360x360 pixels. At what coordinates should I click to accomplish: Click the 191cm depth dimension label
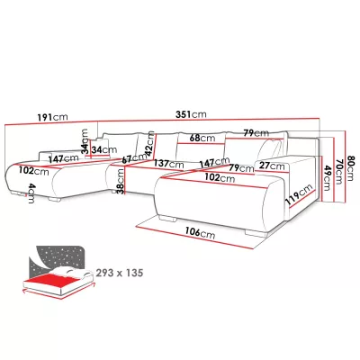[x=52, y=117]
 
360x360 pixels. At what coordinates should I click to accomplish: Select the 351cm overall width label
[x=191, y=114]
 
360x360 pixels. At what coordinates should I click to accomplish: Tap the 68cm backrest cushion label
[x=202, y=138]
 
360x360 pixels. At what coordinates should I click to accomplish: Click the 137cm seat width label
[x=168, y=164]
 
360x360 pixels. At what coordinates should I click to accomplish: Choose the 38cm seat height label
[x=120, y=181]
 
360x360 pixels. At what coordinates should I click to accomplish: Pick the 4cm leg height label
[x=31, y=193]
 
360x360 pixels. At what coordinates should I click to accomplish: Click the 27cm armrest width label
[x=272, y=166]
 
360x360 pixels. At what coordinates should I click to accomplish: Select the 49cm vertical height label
[x=327, y=178]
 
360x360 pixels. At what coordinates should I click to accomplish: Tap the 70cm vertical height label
[x=339, y=172]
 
